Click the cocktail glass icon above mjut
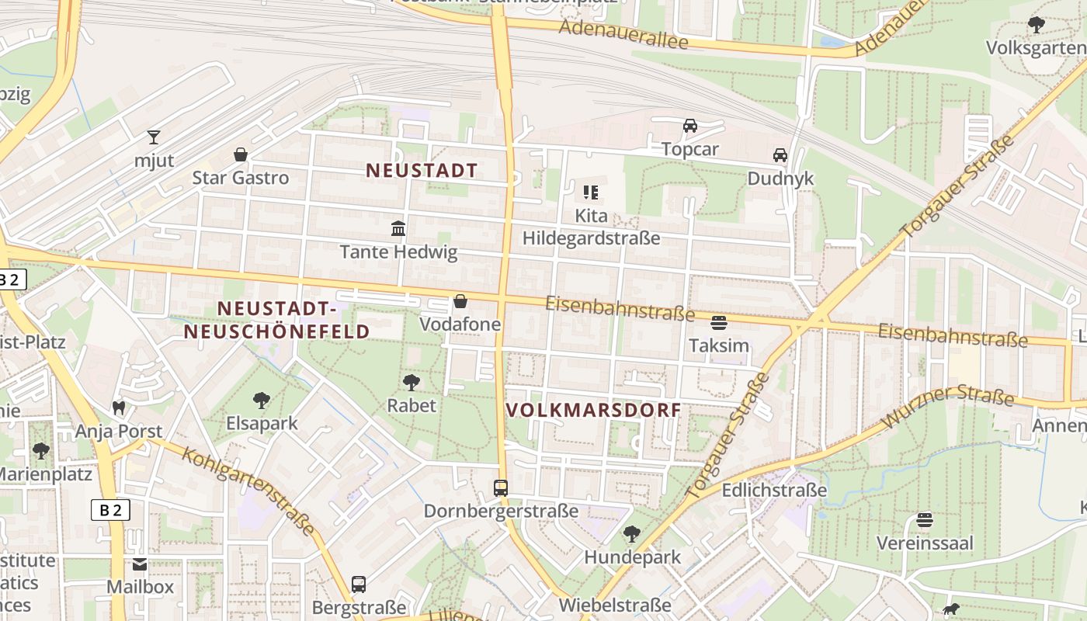click(154, 137)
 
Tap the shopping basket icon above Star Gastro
click(241, 154)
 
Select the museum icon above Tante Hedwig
click(398, 228)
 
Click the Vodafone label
click(460, 324)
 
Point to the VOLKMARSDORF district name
click(593, 410)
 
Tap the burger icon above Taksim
click(719, 322)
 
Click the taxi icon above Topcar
click(689, 126)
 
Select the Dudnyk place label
click(780, 179)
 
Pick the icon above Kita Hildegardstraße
click(591, 192)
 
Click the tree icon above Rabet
click(412, 382)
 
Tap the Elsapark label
click(262, 424)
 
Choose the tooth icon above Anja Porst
click(119, 407)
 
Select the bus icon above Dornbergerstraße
click(501, 487)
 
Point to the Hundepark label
click(632, 557)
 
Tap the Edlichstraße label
click(774, 491)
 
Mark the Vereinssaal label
click(925, 543)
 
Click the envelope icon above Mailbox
click(140, 564)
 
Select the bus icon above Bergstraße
click(359, 584)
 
